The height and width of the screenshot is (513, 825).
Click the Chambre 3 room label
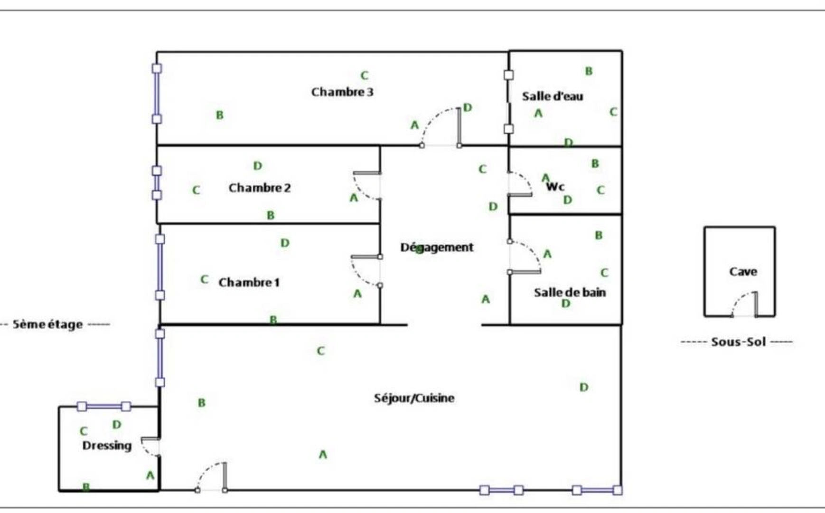click(342, 92)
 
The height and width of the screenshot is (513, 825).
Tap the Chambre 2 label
click(259, 188)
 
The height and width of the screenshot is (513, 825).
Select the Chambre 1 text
click(249, 283)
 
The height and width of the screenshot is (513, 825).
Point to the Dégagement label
click(437, 247)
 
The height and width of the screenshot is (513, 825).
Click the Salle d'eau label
click(553, 96)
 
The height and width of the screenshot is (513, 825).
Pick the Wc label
click(555, 186)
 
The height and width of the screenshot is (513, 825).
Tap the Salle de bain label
click(570, 292)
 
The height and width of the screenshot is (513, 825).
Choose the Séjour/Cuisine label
click(414, 398)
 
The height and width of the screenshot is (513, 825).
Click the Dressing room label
click(107, 446)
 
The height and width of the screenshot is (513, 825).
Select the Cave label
click(743, 272)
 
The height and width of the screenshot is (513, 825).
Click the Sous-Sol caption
click(738, 342)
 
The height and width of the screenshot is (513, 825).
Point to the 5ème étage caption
click(47, 325)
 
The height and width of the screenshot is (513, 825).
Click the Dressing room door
click(151, 446)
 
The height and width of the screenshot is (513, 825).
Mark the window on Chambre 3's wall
click(157, 94)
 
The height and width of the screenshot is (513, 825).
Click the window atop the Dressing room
click(104, 407)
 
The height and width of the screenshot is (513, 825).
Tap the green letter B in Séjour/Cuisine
click(201, 403)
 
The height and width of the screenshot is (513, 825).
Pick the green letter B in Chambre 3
click(219, 115)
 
